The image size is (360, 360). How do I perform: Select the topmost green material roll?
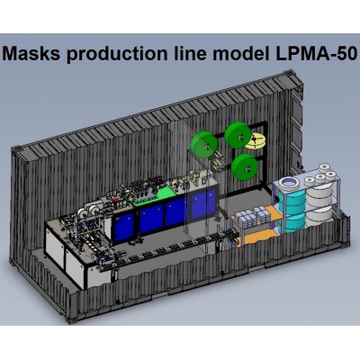point(238,136)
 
